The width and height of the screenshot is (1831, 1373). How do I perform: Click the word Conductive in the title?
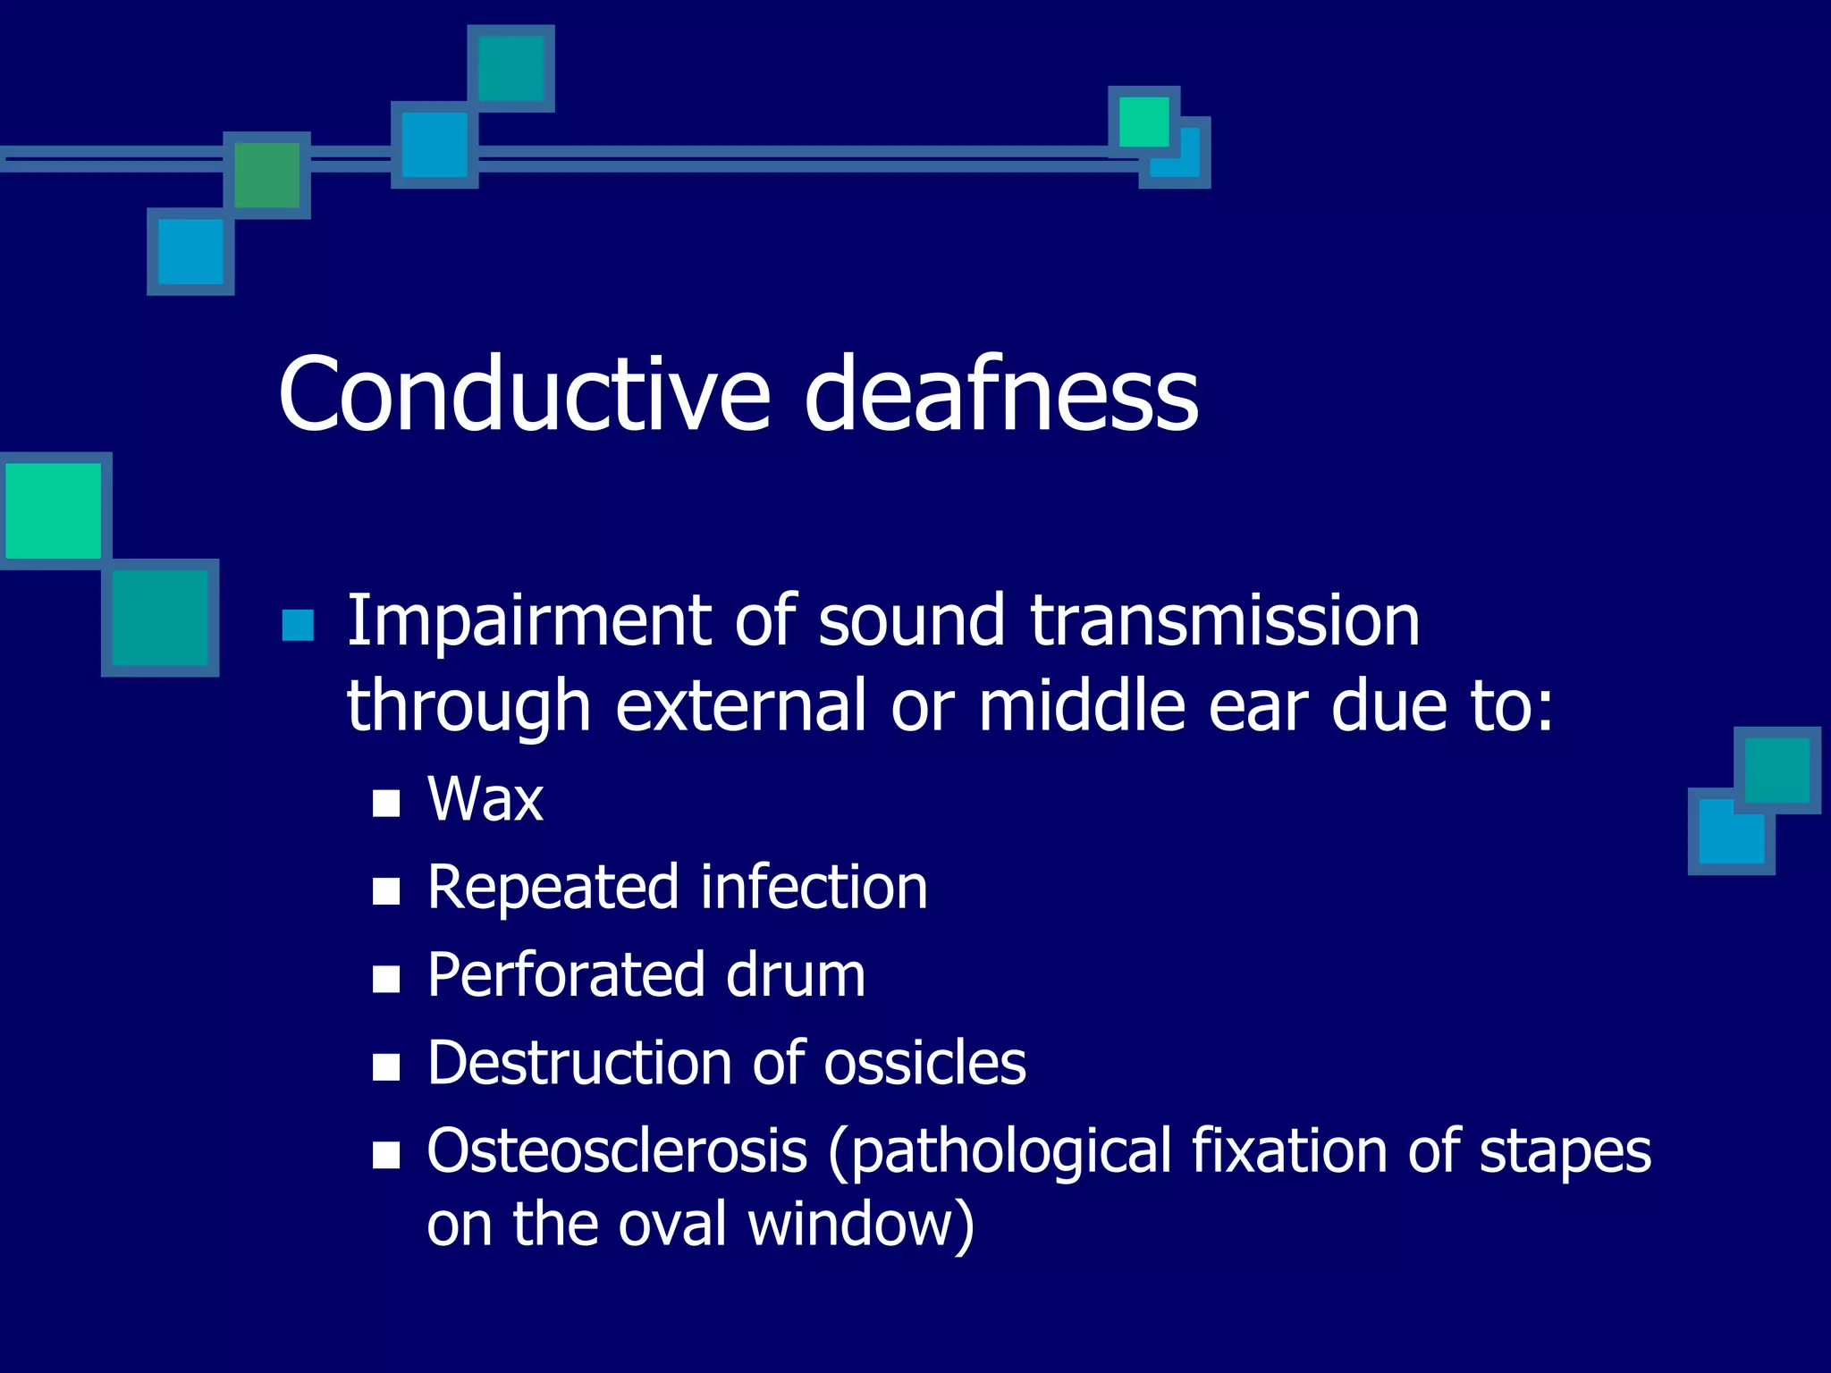pos(524,394)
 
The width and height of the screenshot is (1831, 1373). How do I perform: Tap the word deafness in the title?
pos(1000,394)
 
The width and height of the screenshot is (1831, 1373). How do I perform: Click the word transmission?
pos(1225,620)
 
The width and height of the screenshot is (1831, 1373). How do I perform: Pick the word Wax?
pos(485,799)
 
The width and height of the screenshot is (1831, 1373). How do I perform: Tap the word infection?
pos(814,888)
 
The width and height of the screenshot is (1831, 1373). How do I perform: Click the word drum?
pos(796,975)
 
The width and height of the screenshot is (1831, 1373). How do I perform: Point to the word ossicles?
pos(924,1064)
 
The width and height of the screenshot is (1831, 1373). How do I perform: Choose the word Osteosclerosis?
pos(617,1151)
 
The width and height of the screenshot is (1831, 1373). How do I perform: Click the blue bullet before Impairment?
pos(298,626)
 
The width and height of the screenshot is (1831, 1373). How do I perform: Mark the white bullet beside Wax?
pos(386,803)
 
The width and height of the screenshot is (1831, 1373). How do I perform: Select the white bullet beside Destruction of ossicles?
pos(386,1067)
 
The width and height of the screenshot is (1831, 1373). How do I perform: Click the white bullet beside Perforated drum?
pos(386,980)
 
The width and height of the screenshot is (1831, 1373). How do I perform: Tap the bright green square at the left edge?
pos(54,510)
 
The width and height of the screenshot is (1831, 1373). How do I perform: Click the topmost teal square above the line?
pos(510,69)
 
